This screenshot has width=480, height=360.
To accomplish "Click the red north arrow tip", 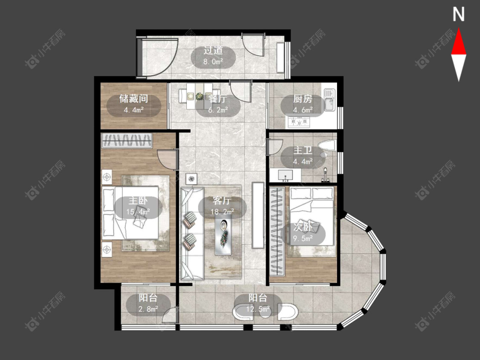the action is (x=459, y=29).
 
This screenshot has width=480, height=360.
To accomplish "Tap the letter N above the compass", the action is (x=459, y=14).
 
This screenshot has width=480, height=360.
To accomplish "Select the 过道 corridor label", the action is (x=213, y=50).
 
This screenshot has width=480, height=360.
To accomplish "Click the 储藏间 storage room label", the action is (x=134, y=99).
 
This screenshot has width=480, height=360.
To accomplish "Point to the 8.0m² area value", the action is (x=213, y=61).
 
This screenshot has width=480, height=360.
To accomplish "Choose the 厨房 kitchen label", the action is (x=303, y=99).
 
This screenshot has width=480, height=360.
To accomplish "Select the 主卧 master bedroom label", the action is (x=138, y=200).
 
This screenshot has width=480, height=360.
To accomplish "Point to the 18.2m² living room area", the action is (x=222, y=212).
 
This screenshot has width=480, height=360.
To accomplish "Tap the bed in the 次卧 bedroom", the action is (x=311, y=216).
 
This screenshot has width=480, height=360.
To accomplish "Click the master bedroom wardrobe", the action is (x=127, y=140).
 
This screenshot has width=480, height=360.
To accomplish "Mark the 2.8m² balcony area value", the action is (x=148, y=309).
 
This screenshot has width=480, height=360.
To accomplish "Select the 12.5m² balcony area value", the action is (x=258, y=309).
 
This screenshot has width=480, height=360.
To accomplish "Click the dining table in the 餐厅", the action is (x=200, y=96).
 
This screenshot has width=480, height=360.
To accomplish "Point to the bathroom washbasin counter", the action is (x=285, y=175).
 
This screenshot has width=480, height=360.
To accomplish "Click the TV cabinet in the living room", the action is (x=258, y=215).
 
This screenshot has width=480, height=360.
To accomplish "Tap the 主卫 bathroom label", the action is (x=303, y=150).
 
